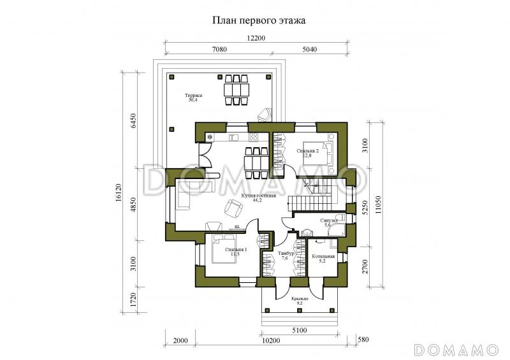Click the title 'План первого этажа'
click(258, 20)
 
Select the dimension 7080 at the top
click(219, 49)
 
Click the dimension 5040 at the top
click(309, 49)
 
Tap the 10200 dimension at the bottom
click(271, 340)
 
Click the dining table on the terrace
click(237, 90)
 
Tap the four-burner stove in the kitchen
click(252, 137)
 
